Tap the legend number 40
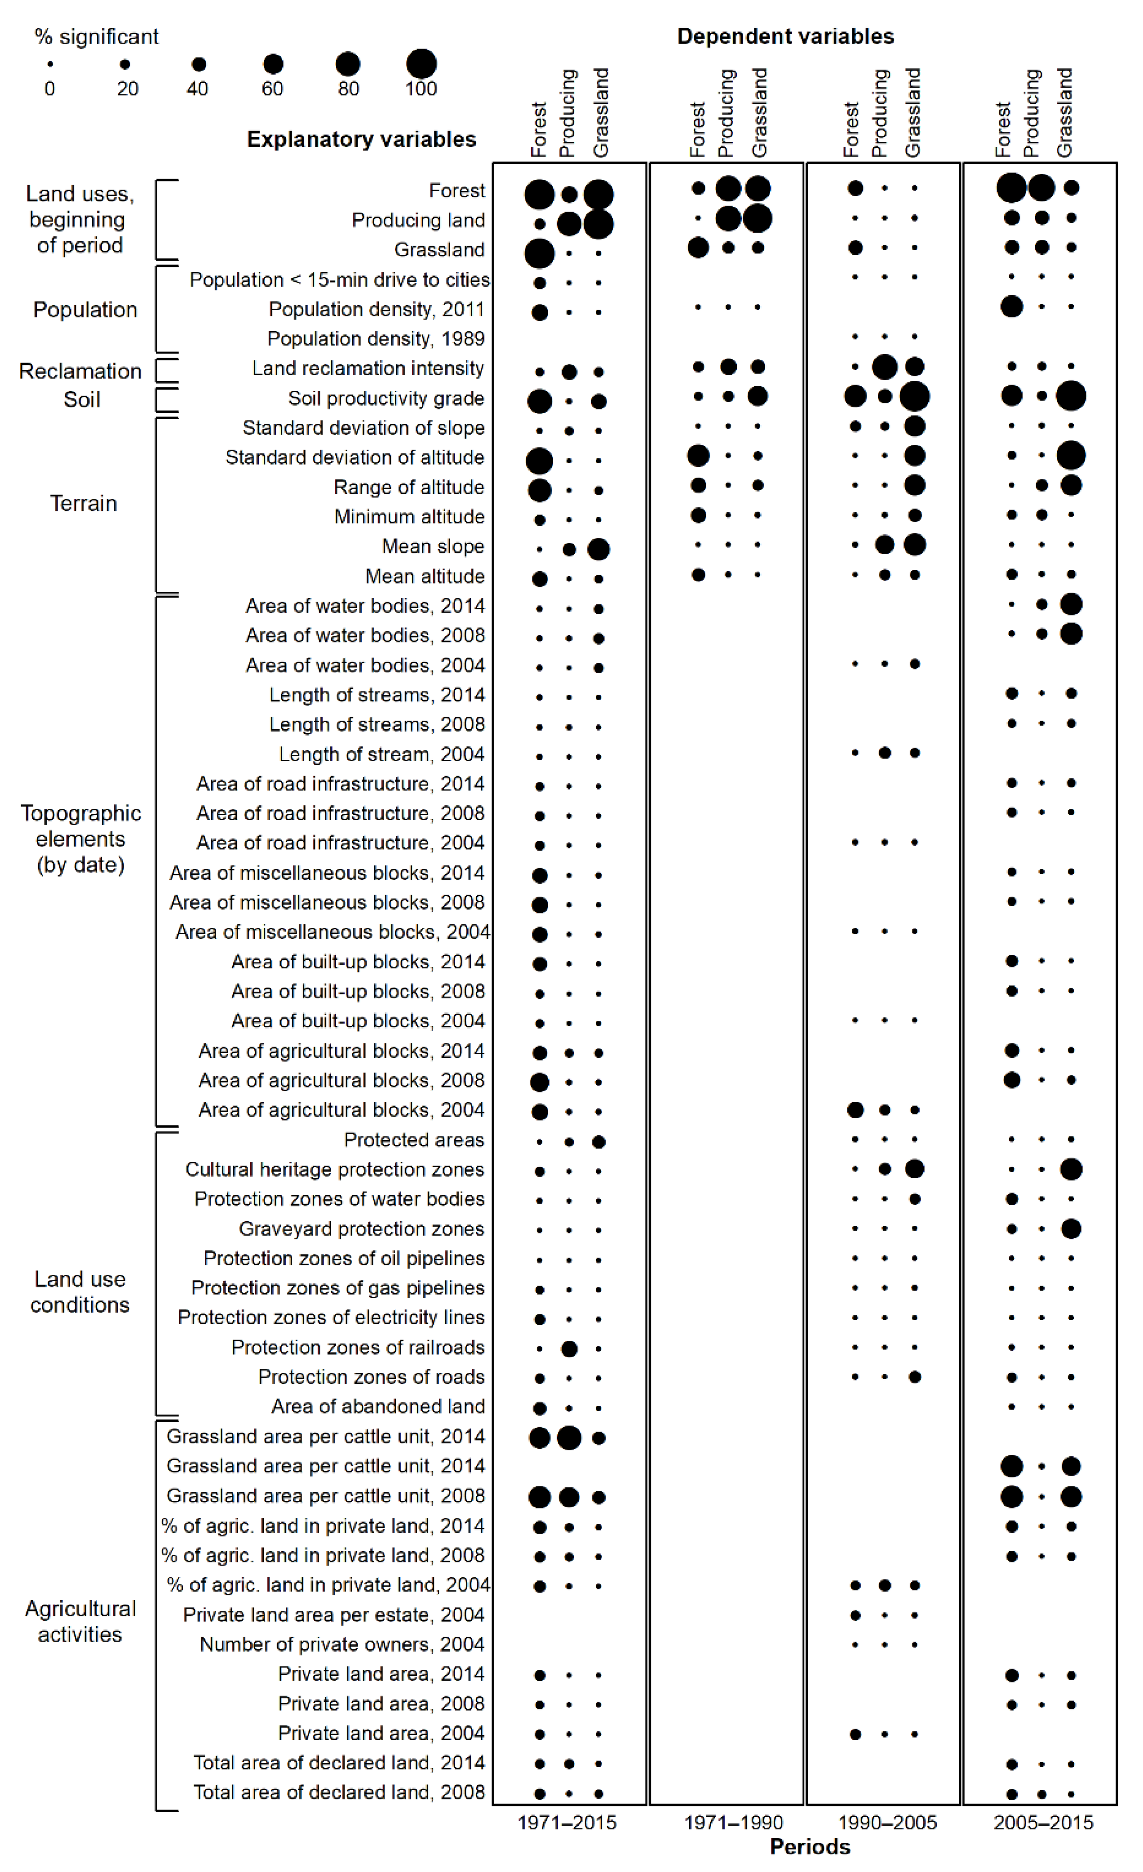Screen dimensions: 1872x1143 (197, 89)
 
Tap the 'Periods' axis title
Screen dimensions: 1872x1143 (810, 1847)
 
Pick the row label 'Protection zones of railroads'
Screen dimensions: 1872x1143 (358, 1347)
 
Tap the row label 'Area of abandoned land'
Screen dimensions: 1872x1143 (377, 1406)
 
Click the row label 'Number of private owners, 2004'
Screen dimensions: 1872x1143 (342, 1644)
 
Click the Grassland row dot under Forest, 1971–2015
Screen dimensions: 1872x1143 (539, 253)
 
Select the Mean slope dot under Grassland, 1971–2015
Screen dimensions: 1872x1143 (598, 549)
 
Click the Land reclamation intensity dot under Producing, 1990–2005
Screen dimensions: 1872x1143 (885, 367)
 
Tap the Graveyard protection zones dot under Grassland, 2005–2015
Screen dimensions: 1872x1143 (1071, 1229)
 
